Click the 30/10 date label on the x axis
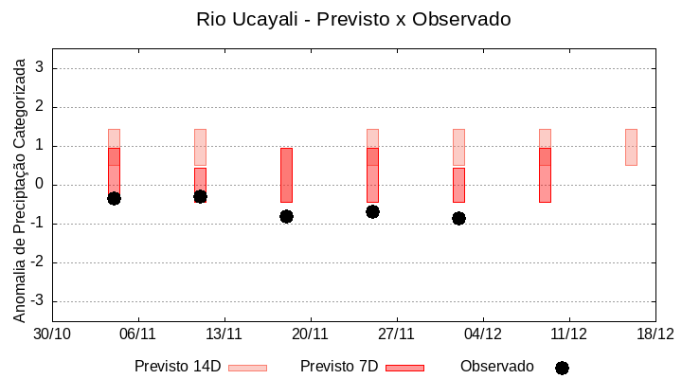click(52, 334)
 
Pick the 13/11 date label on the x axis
click(224, 334)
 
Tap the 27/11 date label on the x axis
click(397, 334)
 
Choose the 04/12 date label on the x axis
click(483, 334)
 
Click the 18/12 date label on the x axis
click(655, 334)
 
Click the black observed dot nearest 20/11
click(286, 216)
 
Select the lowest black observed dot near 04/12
click(458, 218)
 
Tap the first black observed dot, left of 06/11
click(114, 198)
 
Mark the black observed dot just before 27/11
click(372, 211)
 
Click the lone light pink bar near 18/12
click(631, 147)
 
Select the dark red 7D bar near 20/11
click(286, 175)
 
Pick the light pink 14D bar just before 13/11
click(200, 147)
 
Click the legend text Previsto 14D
click(177, 367)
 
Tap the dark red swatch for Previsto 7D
click(404, 368)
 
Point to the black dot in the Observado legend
click(562, 368)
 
